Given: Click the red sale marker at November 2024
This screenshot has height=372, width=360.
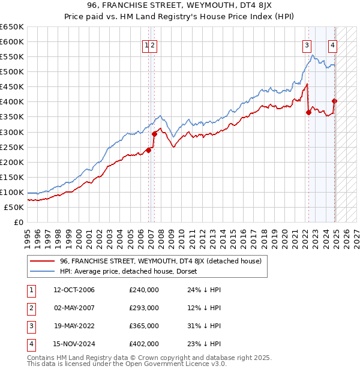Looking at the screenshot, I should tap(334, 101).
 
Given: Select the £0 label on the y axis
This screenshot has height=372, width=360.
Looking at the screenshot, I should tap(19, 223).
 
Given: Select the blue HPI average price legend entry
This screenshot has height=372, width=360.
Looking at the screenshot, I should tap(133, 271).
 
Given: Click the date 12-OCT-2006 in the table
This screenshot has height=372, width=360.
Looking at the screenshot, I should tap(74, 290).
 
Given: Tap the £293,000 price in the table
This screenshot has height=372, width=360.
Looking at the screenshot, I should tap(144, 308).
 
